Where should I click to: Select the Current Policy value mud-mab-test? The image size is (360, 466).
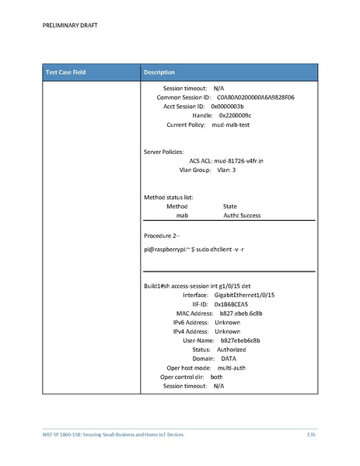[230, 124]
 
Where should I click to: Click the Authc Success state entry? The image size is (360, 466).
[242, 215]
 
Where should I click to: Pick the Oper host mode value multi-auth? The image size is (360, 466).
[233, 367]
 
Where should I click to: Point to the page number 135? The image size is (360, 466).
[311, 433]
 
